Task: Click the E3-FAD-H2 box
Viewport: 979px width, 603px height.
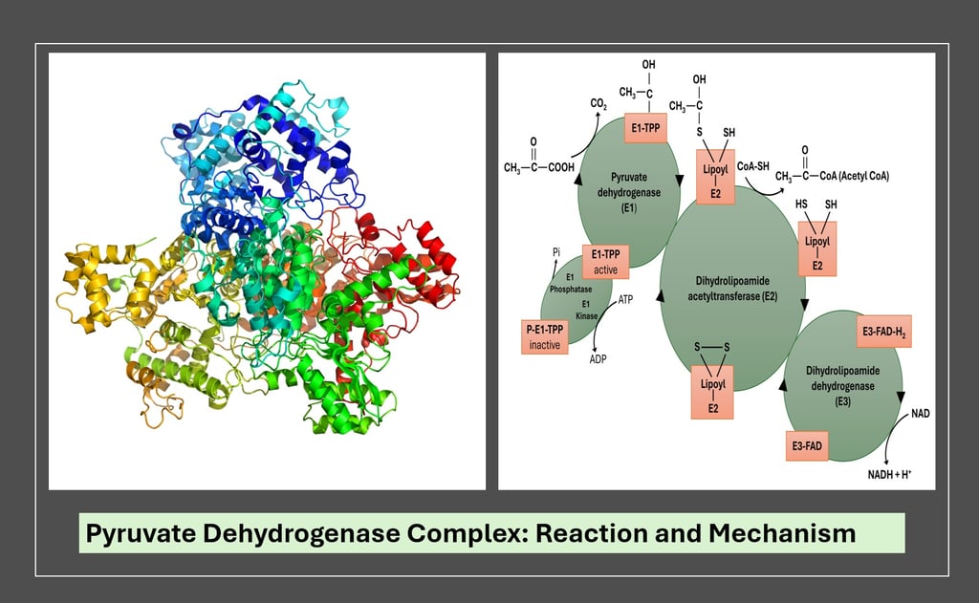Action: click(x=883, y=331)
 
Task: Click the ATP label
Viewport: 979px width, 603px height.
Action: click(x=625, y=300)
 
